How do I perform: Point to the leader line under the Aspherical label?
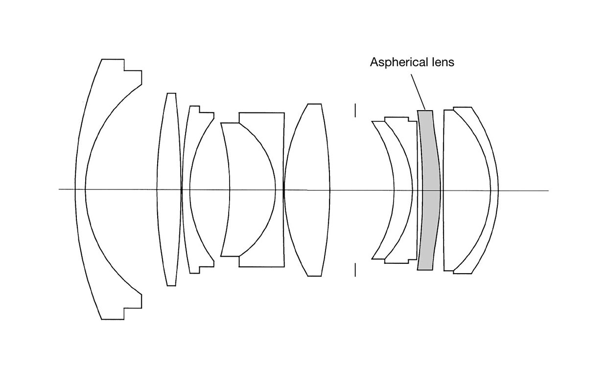click(418, 92)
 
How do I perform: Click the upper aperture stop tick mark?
click(355, 110)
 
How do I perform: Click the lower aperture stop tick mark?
click(355, 270)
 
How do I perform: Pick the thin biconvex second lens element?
click(169, 190)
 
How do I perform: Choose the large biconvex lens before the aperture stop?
click(307, 190)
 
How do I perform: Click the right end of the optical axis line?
click(549, 191)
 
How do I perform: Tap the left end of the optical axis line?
click(59, 189)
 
